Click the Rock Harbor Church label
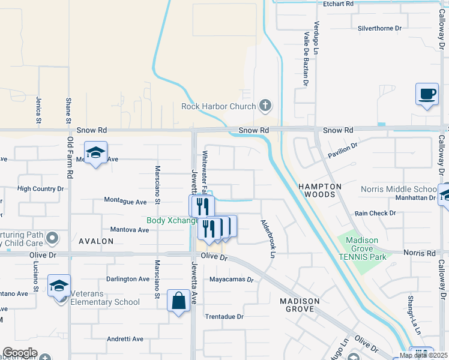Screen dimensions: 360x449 218,107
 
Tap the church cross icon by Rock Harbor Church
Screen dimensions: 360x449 265,107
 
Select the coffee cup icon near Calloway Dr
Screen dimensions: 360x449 427,95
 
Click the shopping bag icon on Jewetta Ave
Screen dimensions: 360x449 179,301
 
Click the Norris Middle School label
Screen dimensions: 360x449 399,190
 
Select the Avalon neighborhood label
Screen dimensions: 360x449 95,241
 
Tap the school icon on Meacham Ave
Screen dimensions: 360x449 95,154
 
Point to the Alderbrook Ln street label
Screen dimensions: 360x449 267,238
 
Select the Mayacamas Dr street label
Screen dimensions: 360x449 232,280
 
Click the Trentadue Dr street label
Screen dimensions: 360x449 224,316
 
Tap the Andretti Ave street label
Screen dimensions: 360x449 125,339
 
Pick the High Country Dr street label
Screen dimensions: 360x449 40,188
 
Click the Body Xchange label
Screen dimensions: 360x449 173,220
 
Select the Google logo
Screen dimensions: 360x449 20,353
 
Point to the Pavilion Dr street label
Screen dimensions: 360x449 343,150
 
